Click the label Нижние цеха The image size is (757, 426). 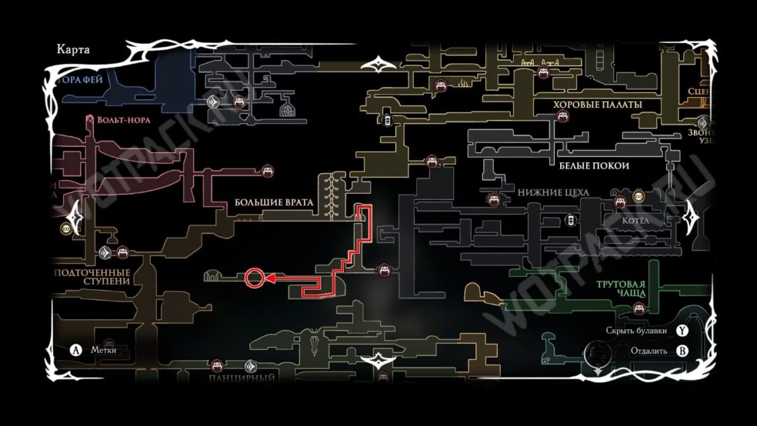tap(553, 192)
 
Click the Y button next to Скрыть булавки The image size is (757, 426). tap(682, 330)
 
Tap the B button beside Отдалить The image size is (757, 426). tap(682, 352)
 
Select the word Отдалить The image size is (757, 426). tap(648, 352)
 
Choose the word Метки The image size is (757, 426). tap(103, 350)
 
